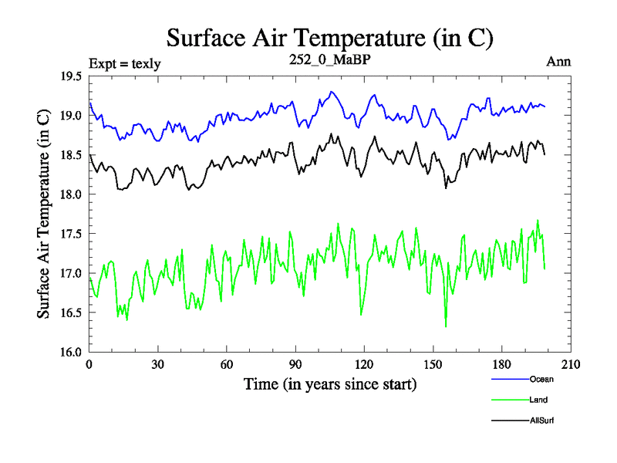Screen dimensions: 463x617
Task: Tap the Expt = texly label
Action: (x=125, y=63)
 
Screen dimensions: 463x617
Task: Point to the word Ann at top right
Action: (x=558, y=61)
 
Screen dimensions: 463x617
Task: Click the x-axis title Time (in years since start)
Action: (x=330, y=384)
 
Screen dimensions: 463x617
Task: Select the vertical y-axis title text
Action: (x=44, y=214)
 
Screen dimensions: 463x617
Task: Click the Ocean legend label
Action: (x=541, y=379)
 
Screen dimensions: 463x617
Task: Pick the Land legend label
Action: (x=539, y=400)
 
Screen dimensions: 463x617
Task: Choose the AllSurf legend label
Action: (x=542, y=421)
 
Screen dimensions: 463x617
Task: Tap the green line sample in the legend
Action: (x=507, y=400)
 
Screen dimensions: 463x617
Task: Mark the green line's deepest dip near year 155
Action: (x=446, y=326)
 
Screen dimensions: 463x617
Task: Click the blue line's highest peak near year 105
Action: (x=331, y=92)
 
